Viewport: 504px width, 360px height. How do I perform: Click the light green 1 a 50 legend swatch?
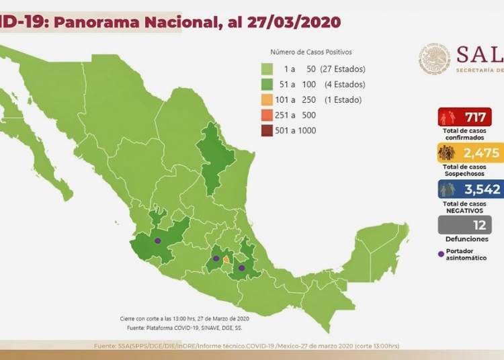tap(267, 69)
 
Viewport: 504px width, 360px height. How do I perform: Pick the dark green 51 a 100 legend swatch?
tap(267, 85)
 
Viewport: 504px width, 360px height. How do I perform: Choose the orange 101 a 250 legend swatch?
tap(267, 100)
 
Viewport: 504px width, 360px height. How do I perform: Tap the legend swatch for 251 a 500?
tap(267, 115)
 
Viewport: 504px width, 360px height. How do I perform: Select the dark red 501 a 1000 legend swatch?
tap(267, 130)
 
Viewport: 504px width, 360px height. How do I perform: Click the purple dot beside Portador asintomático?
tap(441, 254)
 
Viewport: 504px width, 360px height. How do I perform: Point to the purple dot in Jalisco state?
tap(158, 240)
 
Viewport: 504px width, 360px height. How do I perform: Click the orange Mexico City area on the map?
tap(226, 260)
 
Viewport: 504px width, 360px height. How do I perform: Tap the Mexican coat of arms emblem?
tap(434, 58)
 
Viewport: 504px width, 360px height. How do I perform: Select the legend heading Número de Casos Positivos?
tap(310, 52)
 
